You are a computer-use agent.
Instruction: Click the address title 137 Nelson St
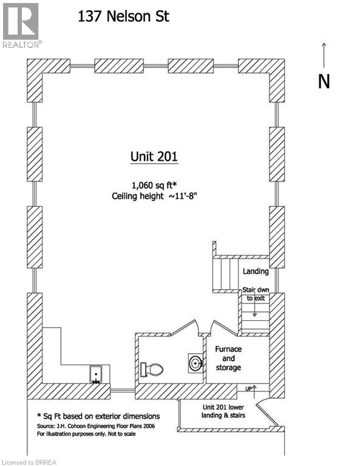tap(123, 16)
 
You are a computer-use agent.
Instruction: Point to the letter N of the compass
tap(324, 81)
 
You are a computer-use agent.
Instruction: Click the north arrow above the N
tap(324, 55)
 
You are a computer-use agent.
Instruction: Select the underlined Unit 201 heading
tap(154, 157)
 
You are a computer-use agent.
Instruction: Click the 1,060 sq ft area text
tap(154, 185)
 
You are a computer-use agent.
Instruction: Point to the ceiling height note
tap(155, 196)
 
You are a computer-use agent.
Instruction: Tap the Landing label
tap(256, 271)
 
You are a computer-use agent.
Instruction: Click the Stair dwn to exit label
tap(256, 294)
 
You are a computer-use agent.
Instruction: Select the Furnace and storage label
tap(228, 358)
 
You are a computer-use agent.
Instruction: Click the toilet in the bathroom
tap(152, 370)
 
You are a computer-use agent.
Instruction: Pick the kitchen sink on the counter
tap(96, 374)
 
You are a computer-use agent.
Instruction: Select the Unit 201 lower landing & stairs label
tap(223, 411)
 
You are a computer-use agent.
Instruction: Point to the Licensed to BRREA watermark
tap(29, 462)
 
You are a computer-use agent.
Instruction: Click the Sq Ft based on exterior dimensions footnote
tap(98, 416)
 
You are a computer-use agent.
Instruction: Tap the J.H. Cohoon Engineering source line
tap(96, 426)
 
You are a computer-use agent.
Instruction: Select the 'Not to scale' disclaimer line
tap(86, 434)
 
